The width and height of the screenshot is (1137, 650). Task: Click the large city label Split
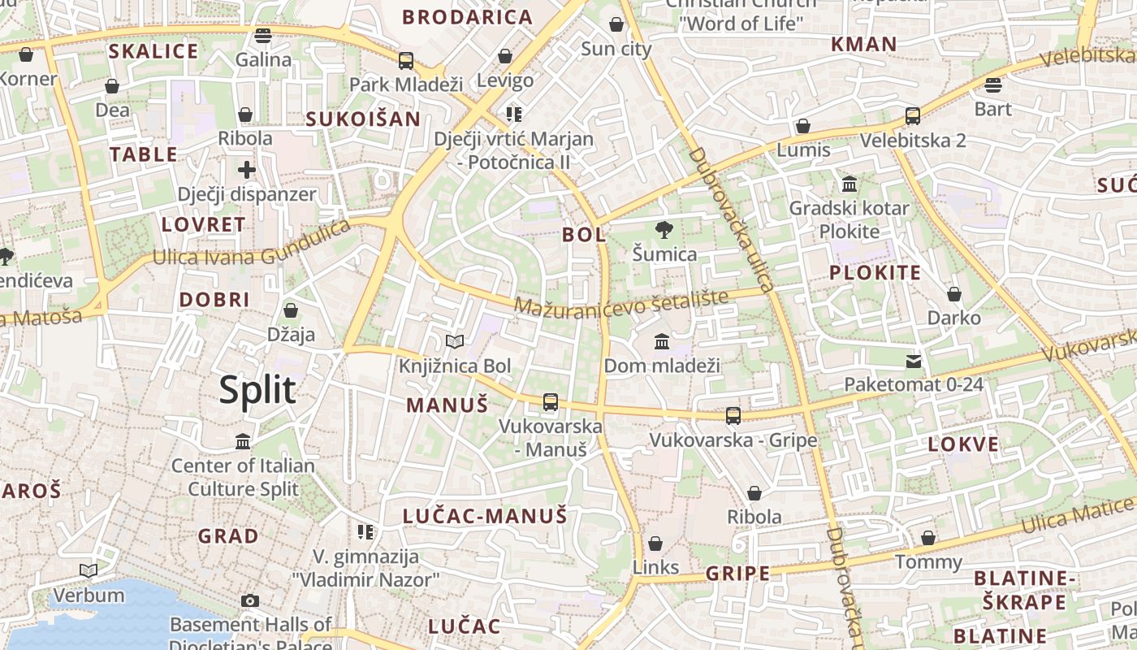pos(257,391)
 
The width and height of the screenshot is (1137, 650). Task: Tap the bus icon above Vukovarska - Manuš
pos(551,401)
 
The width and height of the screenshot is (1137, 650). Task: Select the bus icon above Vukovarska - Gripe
pos(733,416)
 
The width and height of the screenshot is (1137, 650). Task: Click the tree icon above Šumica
pos(664,230)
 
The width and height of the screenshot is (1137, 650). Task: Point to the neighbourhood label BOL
pos(584,235)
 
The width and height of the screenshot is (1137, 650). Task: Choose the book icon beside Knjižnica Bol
pos(455,342)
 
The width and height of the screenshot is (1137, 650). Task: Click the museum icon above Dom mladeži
pos(662,341)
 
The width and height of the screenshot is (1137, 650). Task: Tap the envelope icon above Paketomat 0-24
pos(914,360)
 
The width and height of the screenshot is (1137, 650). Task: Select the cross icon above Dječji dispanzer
pos(247,170)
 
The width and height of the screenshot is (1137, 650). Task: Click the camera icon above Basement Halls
pos(250,600)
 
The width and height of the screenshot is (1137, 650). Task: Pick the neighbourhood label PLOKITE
pos(875,273)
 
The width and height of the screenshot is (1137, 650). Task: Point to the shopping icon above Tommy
pos(928,538)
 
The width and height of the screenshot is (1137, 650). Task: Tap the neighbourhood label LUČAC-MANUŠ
pos(485,515)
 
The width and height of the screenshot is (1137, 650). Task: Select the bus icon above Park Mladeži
pos(406,60)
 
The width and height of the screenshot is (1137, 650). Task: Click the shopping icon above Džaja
pos(291,310)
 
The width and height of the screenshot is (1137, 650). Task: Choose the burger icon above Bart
pos(992,85)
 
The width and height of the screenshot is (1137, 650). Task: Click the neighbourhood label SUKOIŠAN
pos(363,119)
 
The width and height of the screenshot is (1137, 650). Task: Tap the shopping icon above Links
pos(655,544)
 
